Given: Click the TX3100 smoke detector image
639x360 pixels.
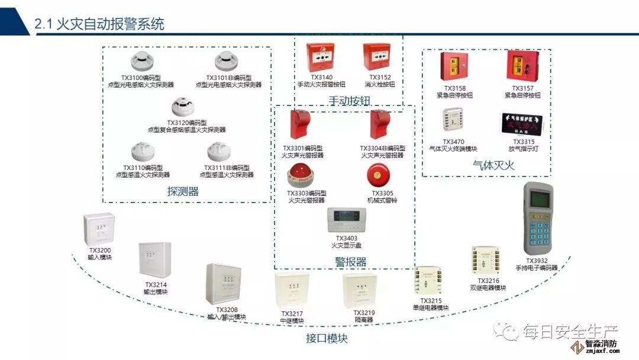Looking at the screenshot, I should [140, 61].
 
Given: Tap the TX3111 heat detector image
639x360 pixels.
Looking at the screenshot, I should [218, 152].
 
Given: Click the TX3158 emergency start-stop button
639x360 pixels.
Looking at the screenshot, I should [454, 67].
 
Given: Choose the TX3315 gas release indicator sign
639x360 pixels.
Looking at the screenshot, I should [521, 124].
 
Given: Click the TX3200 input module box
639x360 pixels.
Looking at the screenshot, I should [98, 229].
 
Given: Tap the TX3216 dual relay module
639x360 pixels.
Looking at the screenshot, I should [488, 261].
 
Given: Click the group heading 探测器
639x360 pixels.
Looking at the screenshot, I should [183, 191].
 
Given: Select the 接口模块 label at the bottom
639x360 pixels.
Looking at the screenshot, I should [327, 339].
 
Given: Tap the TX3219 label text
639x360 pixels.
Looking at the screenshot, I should [363, 313].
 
